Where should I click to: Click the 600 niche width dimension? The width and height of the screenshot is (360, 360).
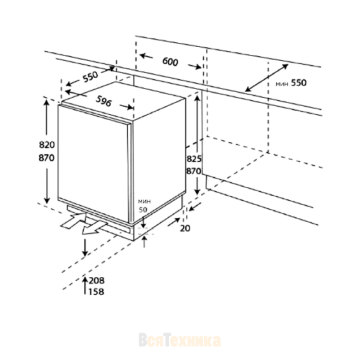coord(170,62)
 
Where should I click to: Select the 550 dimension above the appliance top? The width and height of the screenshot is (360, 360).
coord(90,76)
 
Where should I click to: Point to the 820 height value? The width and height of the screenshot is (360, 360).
coord(47,145)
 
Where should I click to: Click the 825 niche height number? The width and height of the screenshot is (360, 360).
coord(194,159)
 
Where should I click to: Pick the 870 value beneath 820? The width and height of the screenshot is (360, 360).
coord(47,158)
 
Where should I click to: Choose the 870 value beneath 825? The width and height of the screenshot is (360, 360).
coord(193,171)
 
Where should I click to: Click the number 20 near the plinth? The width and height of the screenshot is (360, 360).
coord(185,229)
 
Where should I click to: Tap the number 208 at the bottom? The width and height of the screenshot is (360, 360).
coord(97,280)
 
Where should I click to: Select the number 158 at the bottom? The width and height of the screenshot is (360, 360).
coord(96,292)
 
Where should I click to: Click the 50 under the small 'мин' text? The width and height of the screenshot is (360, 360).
coord(143,210)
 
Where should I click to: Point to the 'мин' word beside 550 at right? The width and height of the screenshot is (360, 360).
coord(282,84)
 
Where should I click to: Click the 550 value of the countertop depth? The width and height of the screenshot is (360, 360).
coord(299,83)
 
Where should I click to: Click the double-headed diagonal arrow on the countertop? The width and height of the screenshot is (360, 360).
coord(266,78)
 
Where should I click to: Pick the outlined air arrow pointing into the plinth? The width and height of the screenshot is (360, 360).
coord(73,220)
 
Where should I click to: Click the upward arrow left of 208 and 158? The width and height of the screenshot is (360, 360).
coord(85,285)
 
